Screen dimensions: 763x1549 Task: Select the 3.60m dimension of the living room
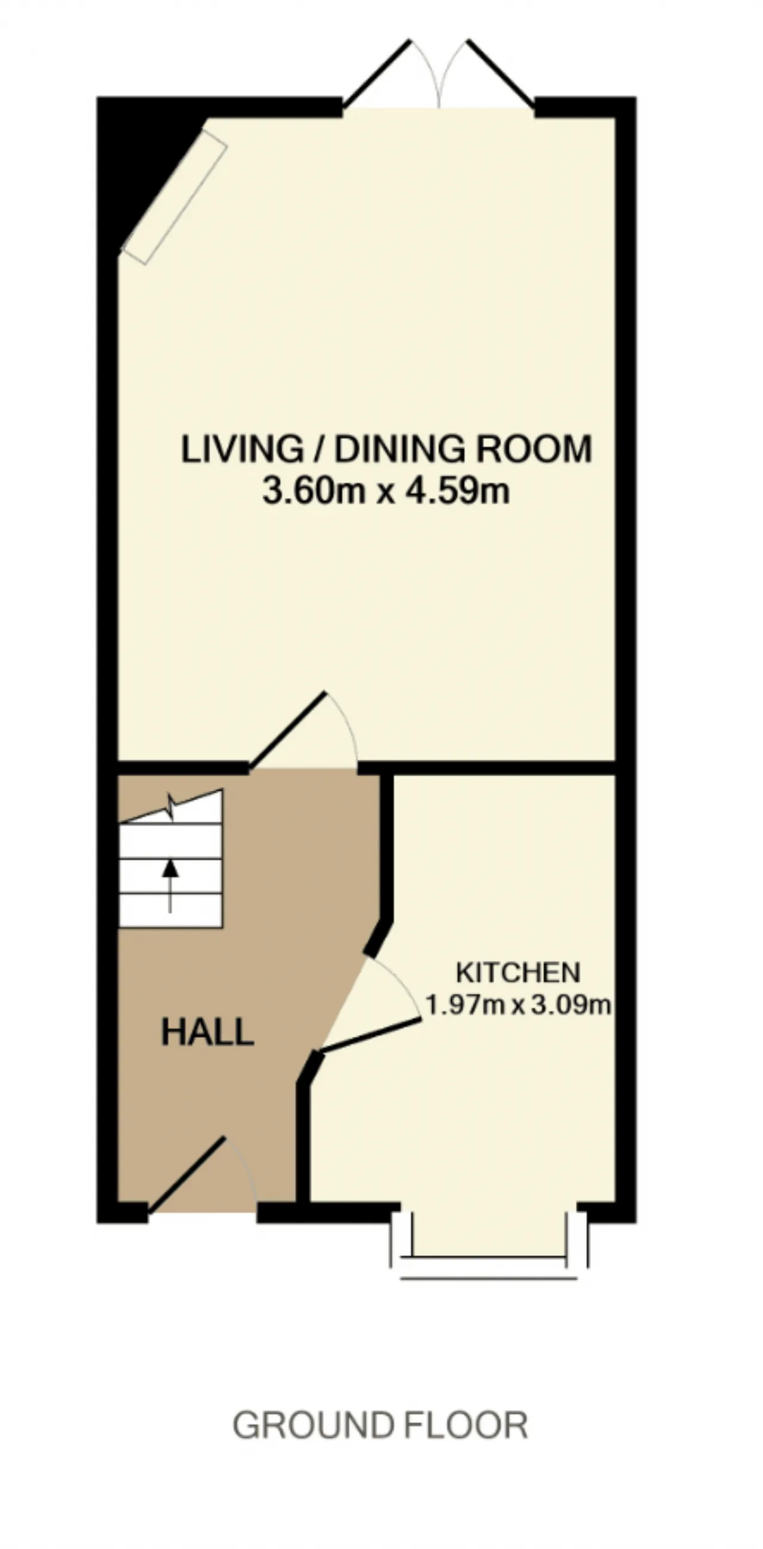pos(314,492)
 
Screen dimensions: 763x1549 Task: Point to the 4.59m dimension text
pos(458,492)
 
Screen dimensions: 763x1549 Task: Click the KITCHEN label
pos(518,972)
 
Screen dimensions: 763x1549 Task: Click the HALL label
pos(207,1032)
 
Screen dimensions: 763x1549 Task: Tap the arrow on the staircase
pos(171,886)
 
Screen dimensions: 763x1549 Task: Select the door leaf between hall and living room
pos(288,730)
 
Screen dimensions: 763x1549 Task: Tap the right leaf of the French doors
pos(501,74)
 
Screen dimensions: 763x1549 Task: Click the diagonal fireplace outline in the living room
pos(175,196)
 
